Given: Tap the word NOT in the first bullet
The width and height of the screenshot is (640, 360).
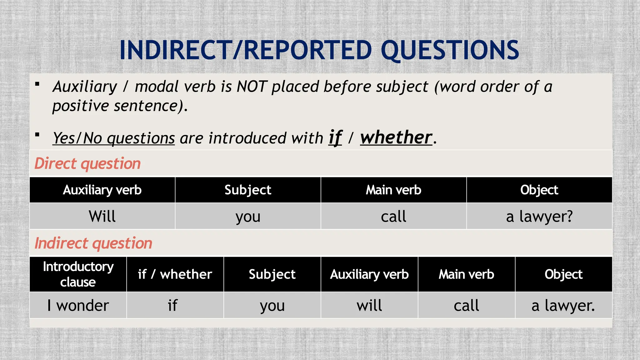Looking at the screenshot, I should pos(252,87).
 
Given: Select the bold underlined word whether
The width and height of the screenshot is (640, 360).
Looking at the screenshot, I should pos(396,137).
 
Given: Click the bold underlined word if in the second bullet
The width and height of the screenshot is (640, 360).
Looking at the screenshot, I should pos(335,137).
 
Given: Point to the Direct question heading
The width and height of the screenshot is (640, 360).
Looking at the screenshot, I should pos(87,163).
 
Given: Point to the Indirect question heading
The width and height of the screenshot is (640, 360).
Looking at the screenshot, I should pos(93,243).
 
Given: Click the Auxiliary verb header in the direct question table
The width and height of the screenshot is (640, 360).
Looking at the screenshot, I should pos(102,190).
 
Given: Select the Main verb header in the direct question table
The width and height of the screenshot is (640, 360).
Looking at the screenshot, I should pos(393,190).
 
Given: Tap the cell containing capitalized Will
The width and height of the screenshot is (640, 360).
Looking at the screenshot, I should pos(102,216).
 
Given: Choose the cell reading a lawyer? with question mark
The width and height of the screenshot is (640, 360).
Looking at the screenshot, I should pos(539,216).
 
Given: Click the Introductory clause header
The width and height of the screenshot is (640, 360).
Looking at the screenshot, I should pos(78,274).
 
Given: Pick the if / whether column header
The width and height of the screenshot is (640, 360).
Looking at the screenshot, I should pos(175,274).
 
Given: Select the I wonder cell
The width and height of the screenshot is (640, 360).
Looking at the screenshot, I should pos(78,305).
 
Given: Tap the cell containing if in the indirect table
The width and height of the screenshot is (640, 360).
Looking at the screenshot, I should pos(172,305).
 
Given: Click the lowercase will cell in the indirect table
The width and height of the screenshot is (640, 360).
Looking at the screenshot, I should pos(369,305).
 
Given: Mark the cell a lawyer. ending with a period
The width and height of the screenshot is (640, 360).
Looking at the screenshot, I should pos(563,305).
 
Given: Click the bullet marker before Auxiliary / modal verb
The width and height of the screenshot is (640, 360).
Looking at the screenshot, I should pos(37,84).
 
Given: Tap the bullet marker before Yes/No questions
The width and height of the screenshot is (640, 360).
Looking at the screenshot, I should pos(37,135).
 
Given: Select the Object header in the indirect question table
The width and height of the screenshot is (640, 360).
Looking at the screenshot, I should pos(563,274).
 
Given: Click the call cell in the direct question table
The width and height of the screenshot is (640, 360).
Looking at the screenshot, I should pos(393,216).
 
